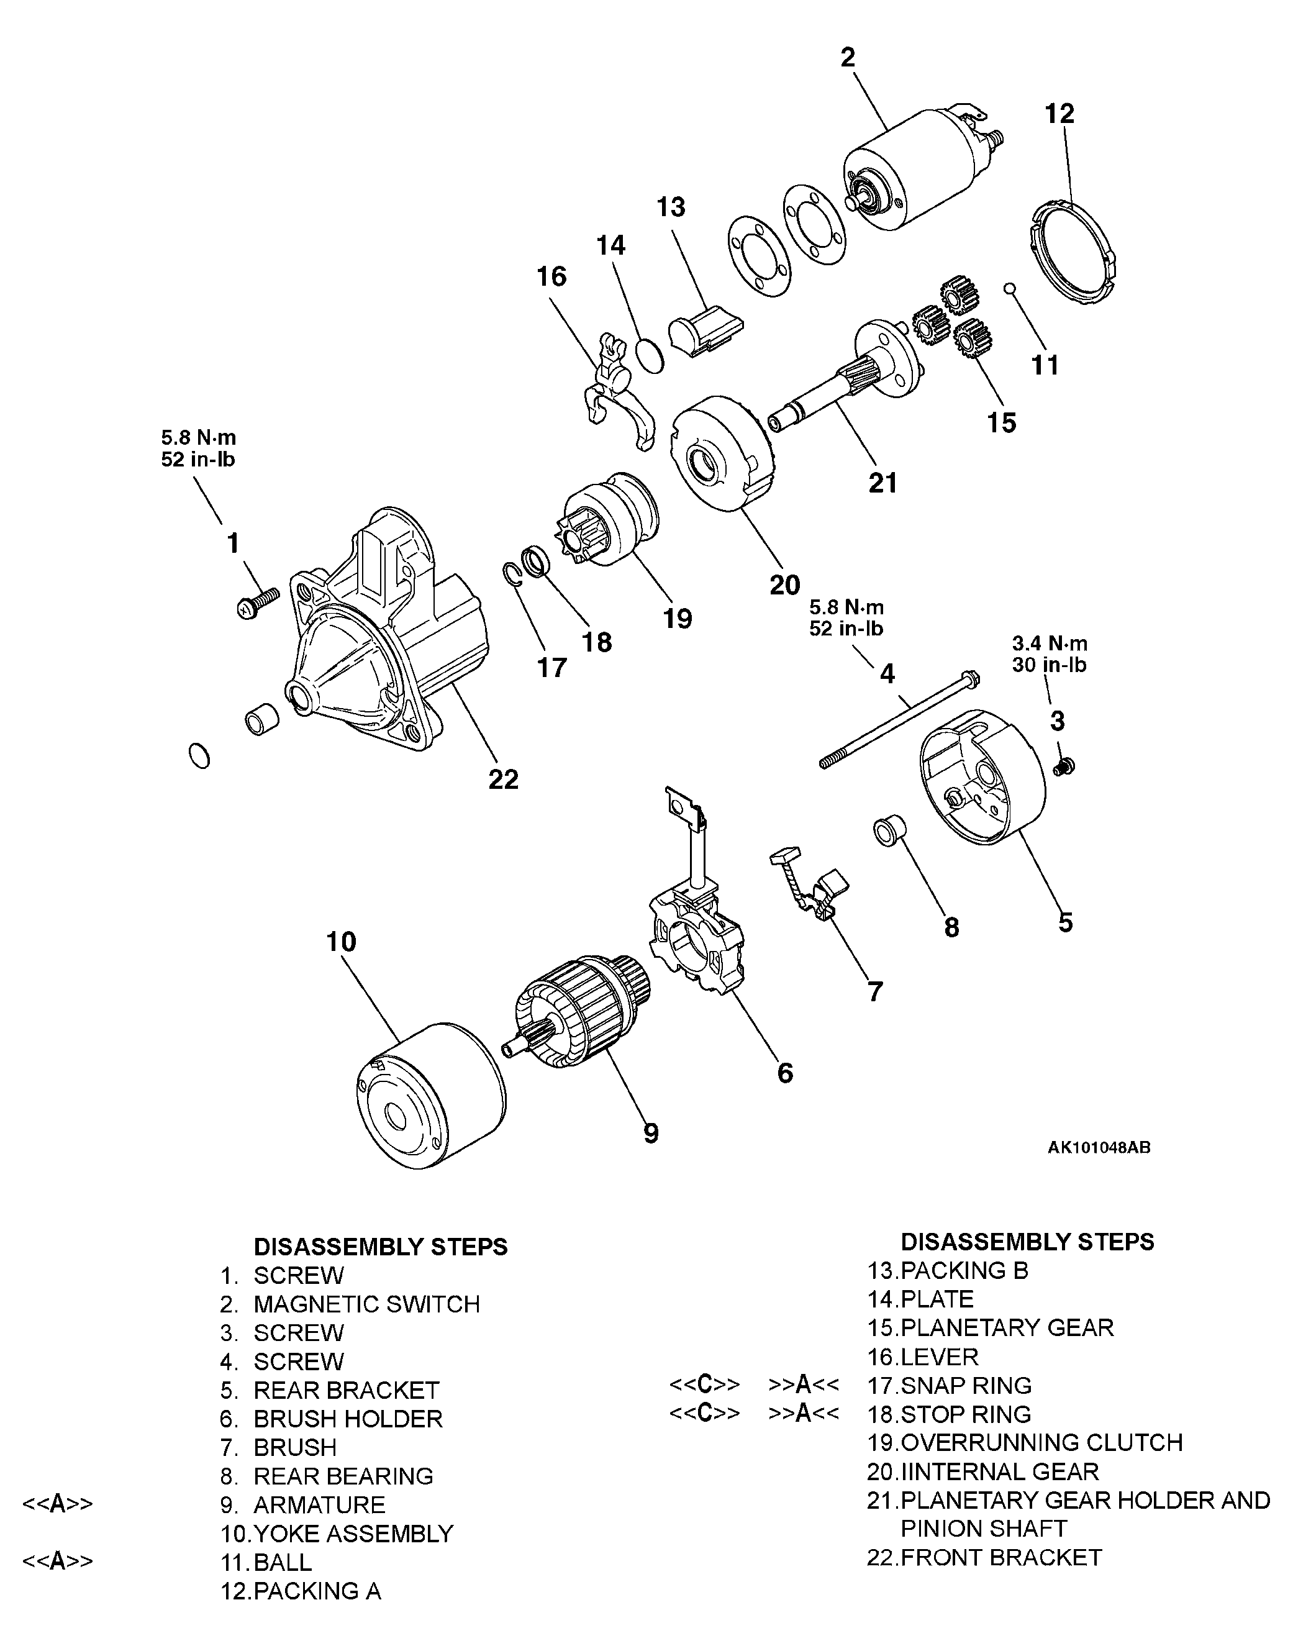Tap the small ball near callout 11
(1009, 288)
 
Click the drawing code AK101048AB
(1099, 1148)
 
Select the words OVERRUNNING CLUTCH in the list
(1041, 1442)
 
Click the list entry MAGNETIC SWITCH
(366, 1304)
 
